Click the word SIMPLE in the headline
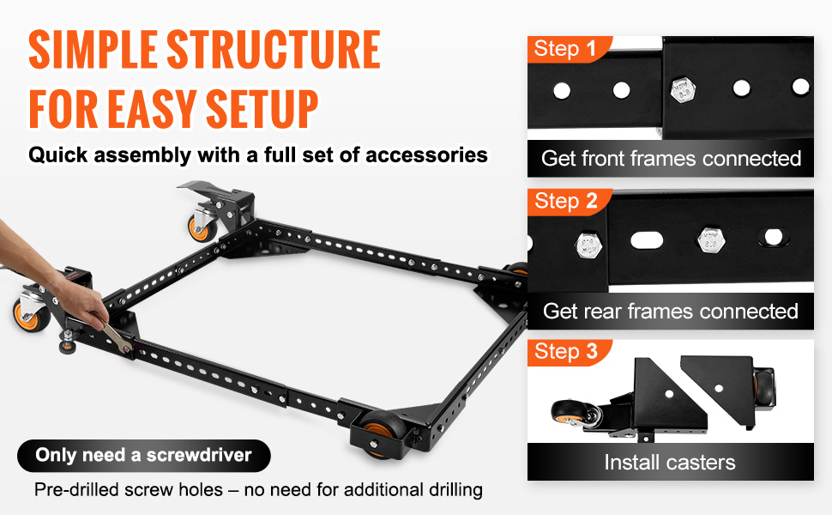coord(93,50)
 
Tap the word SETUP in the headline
coord(262,109)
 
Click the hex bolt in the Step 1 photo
coord(684,90)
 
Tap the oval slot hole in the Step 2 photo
coord(647,240)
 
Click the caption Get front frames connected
coord(671,158)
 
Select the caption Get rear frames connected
coord(671,311)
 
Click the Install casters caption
coord(670,463)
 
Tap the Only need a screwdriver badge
coord(144,456)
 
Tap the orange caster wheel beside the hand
coord(31,315)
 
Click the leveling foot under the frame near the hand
coord(68,343)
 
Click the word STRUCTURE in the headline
coord(274,50)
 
